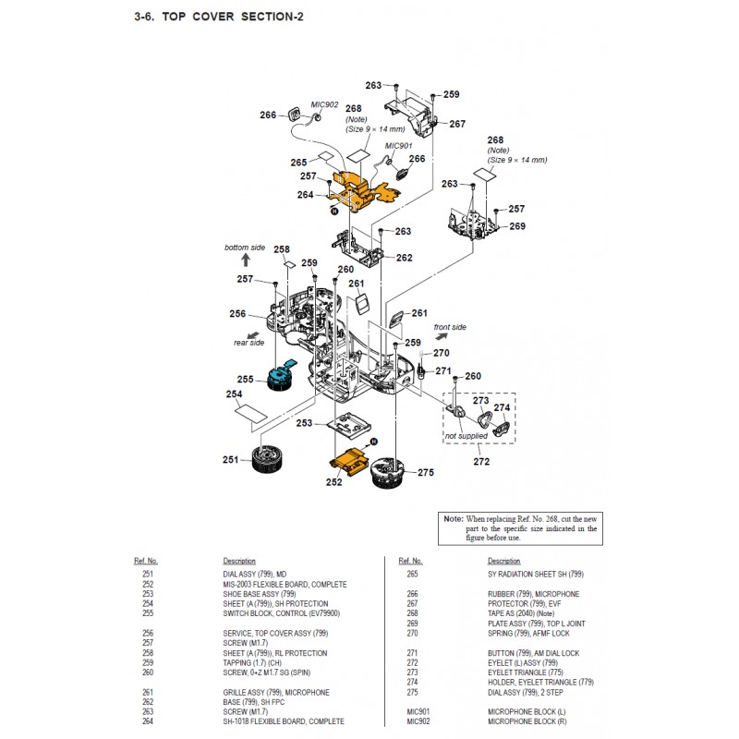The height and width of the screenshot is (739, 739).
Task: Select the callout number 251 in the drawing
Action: coord(231,459)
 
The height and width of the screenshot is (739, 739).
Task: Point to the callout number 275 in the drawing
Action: coord(425,473)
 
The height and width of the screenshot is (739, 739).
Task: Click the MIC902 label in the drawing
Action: coord(324,105)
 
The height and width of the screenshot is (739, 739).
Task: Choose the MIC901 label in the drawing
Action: coord(398,146)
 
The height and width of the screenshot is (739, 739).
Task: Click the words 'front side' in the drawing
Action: coord(450,327)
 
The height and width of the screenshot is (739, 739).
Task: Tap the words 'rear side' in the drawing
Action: coord(248,342)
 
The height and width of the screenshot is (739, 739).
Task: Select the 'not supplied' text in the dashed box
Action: coord(466,435)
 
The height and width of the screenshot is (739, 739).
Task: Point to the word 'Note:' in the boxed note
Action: coord(453,519)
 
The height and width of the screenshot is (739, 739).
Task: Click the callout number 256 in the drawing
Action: coord(237,313)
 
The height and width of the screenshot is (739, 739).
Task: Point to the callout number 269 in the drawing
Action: coord(517,226)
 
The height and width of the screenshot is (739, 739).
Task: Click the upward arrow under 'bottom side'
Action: coord(245,261)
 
